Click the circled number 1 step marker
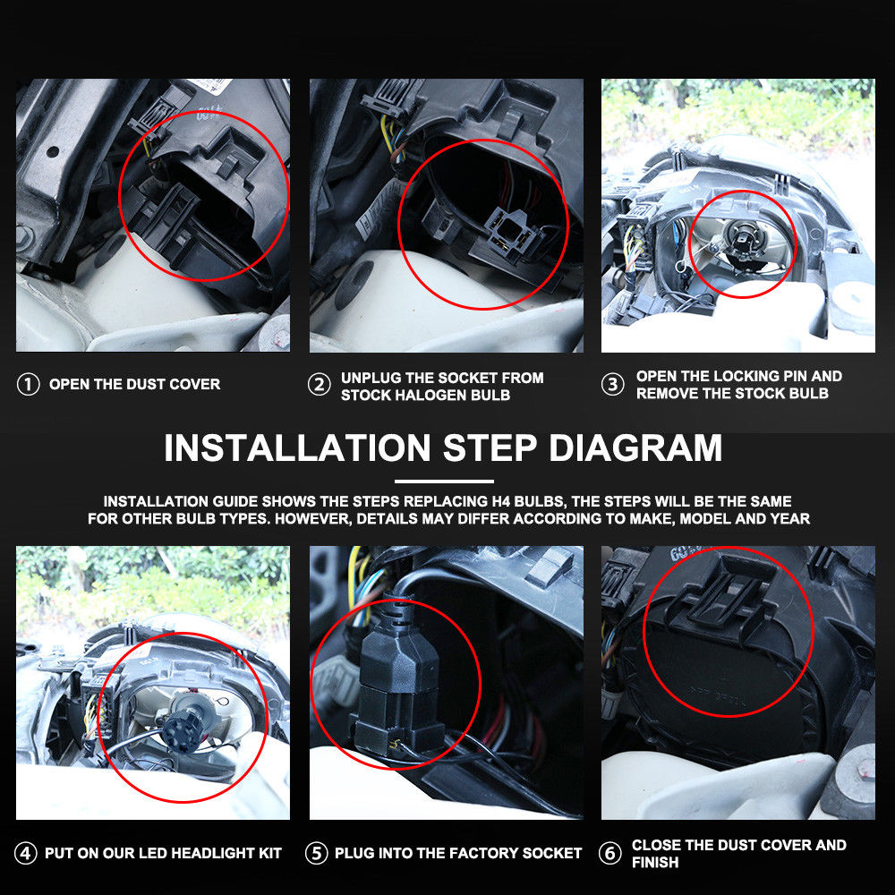point(28,384)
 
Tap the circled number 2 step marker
point(320,385)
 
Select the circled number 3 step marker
point(612,384)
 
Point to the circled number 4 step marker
point(25,853)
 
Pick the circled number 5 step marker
point(316,853)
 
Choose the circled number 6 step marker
point(609,853)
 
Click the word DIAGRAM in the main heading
point(635,447)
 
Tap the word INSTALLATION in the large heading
point(297,447)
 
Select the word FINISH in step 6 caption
point(655,862)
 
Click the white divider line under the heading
point(444,482)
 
